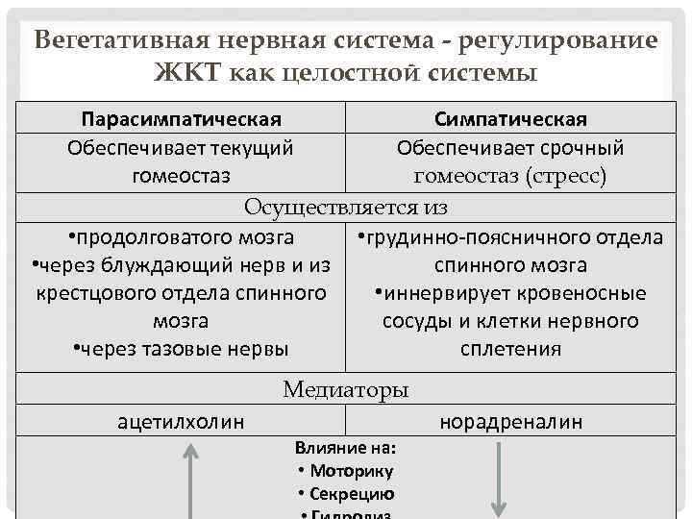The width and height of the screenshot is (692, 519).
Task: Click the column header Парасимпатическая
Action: [x=181, y=119]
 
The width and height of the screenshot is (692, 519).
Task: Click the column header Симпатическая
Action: [x=510, y=119]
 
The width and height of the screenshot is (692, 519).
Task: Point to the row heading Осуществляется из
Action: [x=346, y=207]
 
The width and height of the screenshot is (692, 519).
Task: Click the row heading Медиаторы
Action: [x=346, y=389]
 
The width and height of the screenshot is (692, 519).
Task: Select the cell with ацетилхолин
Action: [x=181, y=421]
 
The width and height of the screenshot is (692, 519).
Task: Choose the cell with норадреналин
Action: [x=510, y=421]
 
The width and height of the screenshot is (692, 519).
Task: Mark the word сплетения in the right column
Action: [x=510, y=349]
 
